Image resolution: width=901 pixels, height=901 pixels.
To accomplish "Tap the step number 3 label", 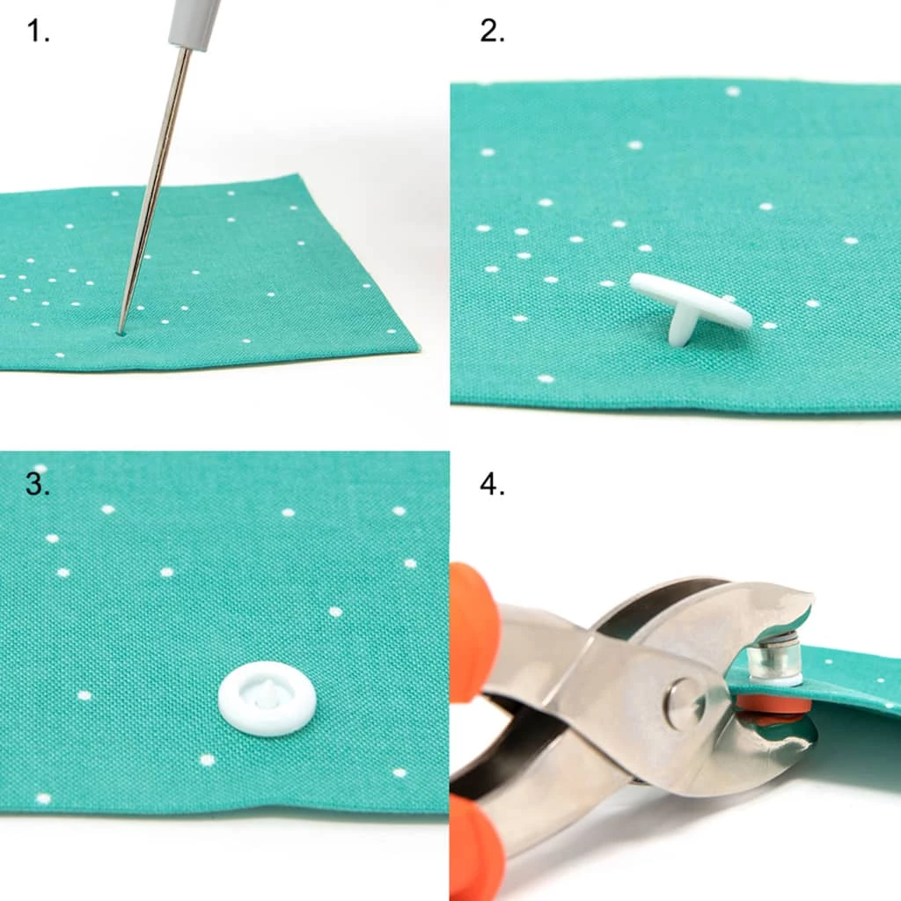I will [x=38, y=483].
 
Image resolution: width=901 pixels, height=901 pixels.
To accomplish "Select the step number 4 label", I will [x=492, y=483].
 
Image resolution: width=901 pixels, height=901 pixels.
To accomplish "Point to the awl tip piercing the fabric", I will [x=121, y=332].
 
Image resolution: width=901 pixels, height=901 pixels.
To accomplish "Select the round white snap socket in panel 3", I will [x=267, y=700].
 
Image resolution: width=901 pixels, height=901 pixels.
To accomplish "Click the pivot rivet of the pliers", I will [x=685, y=704].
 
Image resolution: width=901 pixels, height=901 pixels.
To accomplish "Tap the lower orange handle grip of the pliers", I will [x=475, y=845].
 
